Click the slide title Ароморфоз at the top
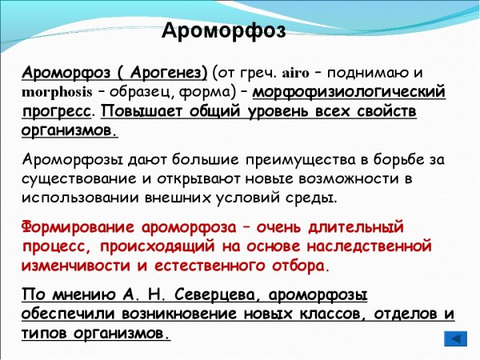(223, 31)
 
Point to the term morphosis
(57, 92)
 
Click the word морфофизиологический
(349, 92)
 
